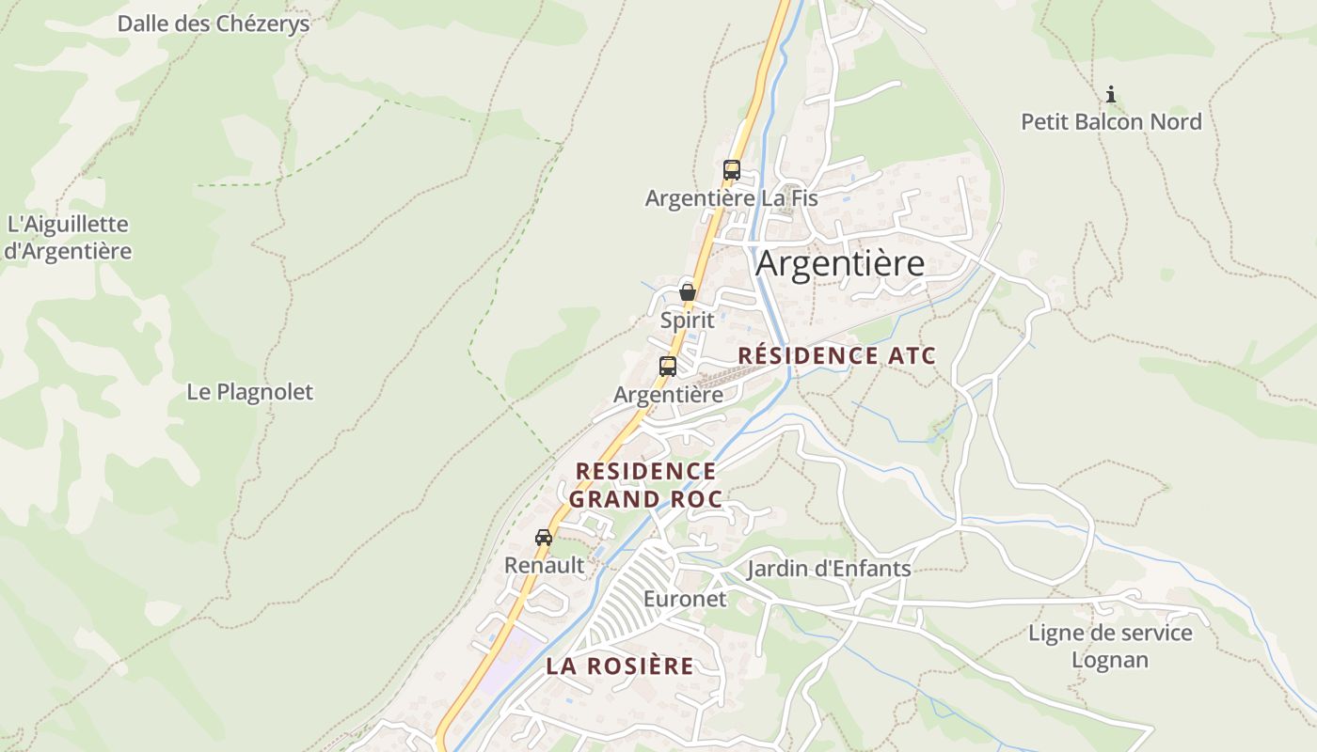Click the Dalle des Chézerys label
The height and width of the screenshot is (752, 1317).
click(213, 23)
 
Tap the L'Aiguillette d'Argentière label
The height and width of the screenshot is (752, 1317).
click(68, 238)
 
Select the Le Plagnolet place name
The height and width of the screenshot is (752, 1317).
click(249, 392)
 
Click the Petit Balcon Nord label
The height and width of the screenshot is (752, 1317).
click(1111, 122)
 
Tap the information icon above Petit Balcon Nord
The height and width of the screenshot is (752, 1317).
click(1111, 94)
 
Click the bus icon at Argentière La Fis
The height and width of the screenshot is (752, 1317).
click(731, 170)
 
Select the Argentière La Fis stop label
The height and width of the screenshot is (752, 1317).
click(731, 198)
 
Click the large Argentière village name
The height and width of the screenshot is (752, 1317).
click(840, 264)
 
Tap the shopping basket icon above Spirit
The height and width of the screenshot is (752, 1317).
click(687, 291)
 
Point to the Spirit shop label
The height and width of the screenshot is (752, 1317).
click(687, 320)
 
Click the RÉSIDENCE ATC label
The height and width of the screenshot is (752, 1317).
click(836, 356)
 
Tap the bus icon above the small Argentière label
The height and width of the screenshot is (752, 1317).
click(668, 367)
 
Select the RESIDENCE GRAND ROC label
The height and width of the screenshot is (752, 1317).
click(645, 484)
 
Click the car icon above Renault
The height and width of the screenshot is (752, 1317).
click(544, 538)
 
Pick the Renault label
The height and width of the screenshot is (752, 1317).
click(544, 566)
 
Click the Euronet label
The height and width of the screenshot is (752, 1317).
click(685, 599)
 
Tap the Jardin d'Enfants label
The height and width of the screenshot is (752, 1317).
click(829, 569)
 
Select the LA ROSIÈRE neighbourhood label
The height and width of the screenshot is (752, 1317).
click(620, 666)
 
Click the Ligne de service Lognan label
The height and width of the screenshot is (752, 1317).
click(1110, 646)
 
